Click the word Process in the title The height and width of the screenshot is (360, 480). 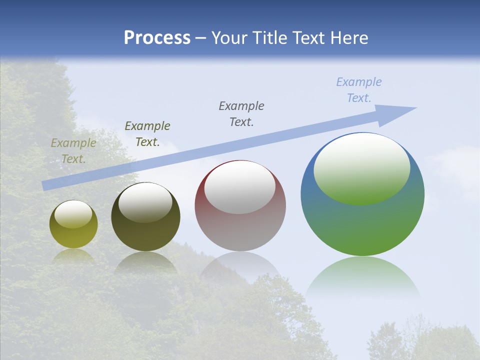click(157, 38)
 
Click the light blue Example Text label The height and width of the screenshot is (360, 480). click(359, 90)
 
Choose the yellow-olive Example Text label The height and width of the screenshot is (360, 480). click(73, 151)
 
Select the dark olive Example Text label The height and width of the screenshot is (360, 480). click(147, 134)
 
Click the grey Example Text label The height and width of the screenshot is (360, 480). click(241, 114)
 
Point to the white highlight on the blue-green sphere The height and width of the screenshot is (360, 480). click(361, 167)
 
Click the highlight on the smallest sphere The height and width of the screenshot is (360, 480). click(73, 214)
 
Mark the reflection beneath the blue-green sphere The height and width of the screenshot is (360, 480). click(362, 275)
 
